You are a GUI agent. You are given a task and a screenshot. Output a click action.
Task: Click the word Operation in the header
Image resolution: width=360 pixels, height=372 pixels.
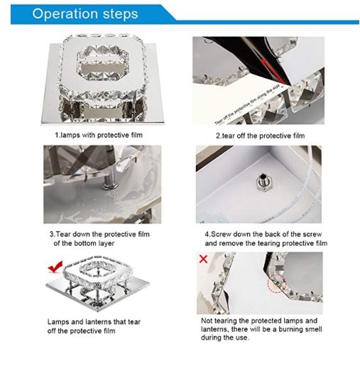tap(65, 13)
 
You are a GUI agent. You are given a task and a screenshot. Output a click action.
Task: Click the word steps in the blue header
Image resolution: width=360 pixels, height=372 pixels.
tap(120, 14)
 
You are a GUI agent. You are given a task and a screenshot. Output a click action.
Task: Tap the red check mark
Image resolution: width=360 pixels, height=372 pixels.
tap(55, 266)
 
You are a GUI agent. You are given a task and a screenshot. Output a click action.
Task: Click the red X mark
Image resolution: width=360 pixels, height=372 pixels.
tap(203, 259)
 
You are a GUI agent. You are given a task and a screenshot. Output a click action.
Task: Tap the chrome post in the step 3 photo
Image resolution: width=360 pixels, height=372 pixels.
tap(110, 182)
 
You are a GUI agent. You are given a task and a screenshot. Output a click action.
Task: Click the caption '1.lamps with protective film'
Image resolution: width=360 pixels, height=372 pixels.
tap(99, 135)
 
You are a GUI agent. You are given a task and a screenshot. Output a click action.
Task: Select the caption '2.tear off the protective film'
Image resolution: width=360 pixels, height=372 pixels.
tap(261, 136)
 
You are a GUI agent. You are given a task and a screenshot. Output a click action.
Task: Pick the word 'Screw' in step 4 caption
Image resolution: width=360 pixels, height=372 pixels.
tap(221, 234)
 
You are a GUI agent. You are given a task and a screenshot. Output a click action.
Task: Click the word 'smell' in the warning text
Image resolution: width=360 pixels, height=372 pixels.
tap(315, 329)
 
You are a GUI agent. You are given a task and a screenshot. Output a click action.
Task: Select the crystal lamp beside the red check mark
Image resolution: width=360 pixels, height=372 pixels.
tap(97, 283)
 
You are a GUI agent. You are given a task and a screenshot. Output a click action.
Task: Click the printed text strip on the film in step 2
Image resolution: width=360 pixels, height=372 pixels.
tap(248, 104)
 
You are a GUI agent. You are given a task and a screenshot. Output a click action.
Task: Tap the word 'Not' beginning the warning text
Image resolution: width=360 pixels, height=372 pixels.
tap(207, 321)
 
